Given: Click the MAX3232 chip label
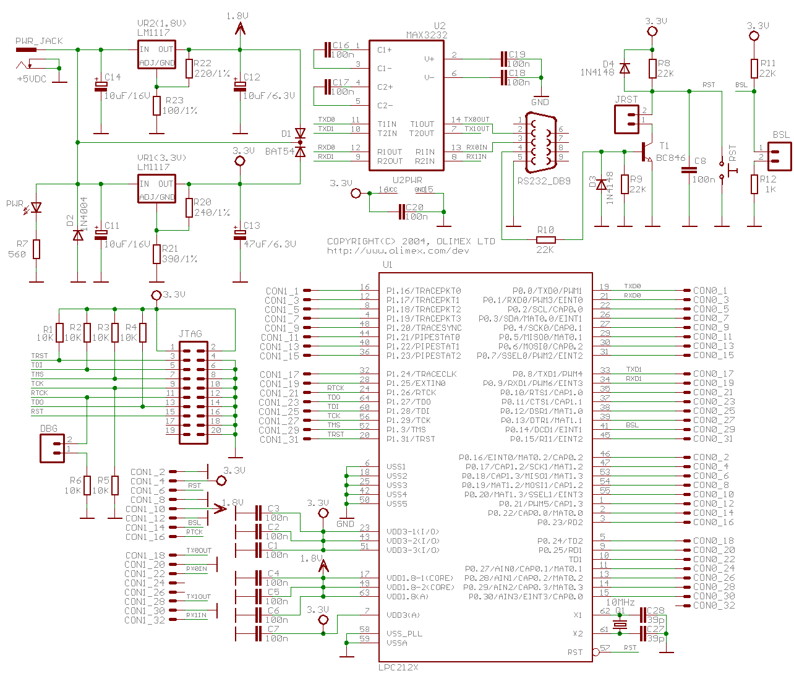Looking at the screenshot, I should [x=427, y=35].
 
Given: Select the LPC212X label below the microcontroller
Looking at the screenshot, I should [x=399, y=667].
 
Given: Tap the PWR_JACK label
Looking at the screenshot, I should [x=39, y=41].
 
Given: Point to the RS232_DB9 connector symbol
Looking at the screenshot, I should [x=539, y=143].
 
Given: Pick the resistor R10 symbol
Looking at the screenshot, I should [x=545, y=240].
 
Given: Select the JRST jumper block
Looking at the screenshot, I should [x=626, y=119].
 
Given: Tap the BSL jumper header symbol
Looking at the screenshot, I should [x=779, y=156].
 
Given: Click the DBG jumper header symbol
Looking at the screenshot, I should [x=53, y=448].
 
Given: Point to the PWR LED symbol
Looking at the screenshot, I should [x=36, y=208].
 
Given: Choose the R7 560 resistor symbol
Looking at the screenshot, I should [x=36, y=249].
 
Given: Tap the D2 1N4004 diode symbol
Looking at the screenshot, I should [x=78, y=235].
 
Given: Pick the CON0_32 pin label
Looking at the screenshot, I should [x=714, y=605].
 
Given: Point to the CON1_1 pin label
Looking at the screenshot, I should [x=282, y=291].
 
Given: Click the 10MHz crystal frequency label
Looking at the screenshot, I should [x=620, y=602].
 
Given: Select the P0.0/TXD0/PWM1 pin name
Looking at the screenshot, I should [x=547, y=291].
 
